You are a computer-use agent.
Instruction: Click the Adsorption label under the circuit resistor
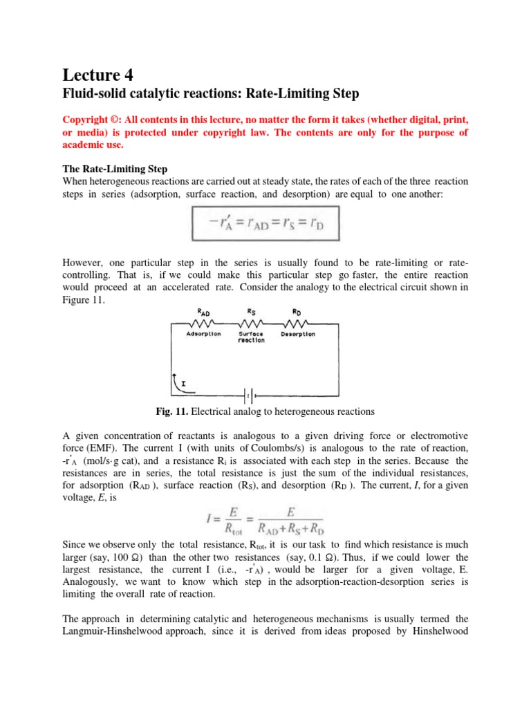pos(203,334)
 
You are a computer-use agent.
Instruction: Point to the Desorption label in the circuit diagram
pos(298,334)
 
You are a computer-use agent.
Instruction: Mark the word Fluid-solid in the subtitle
pos(94,93)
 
